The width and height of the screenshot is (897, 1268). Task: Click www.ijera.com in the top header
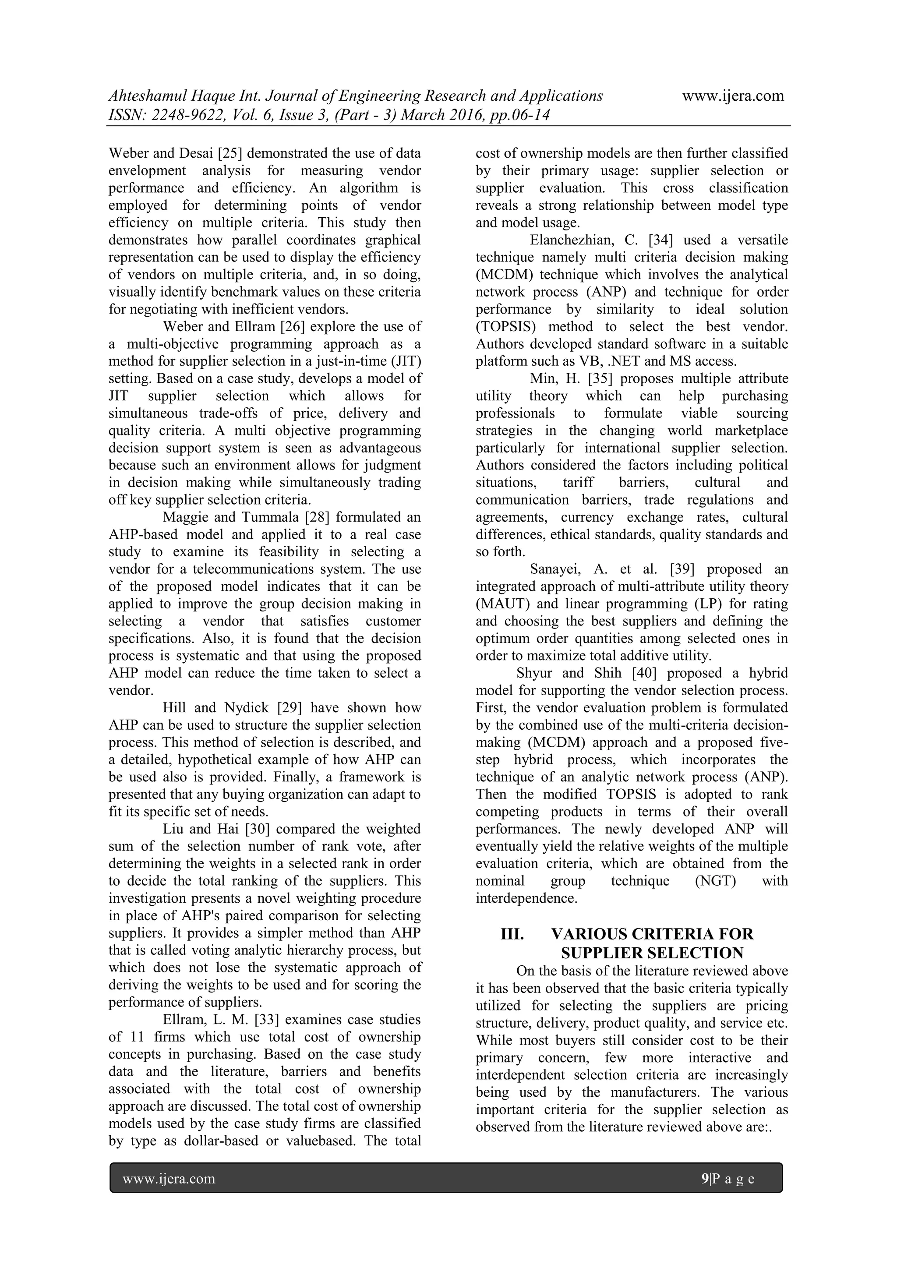[x=733, y=96]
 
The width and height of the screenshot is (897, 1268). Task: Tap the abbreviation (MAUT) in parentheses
[x=502, y=604]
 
